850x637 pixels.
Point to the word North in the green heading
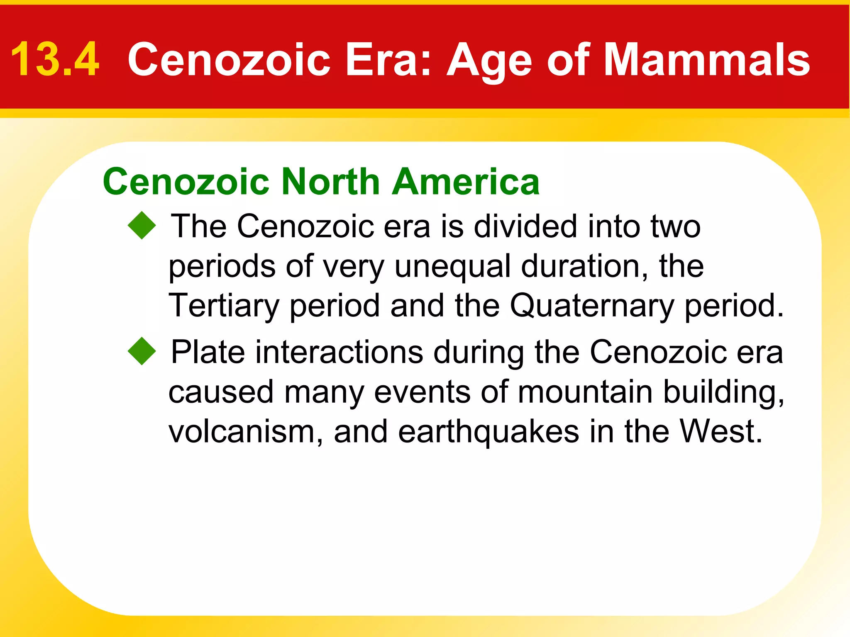[330, 182]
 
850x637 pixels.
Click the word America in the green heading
[466, 182]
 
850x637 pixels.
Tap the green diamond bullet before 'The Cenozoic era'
[142, 226]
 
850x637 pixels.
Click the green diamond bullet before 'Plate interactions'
[142, 351]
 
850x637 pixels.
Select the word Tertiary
[224, 306]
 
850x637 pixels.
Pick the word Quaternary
[592, 306]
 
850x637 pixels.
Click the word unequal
[452, 266]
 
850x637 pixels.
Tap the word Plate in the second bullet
[208, 352]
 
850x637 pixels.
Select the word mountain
[585, 391]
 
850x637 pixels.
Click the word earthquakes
[489, 431]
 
